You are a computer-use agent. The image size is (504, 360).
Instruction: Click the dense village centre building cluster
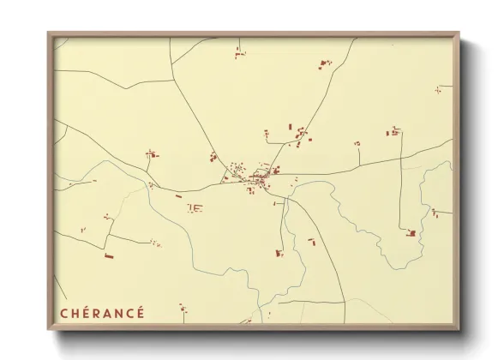pos(255,178)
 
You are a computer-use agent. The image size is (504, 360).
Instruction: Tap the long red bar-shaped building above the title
pos(109,255)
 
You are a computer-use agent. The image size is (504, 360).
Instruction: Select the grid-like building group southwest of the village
pos(195,207)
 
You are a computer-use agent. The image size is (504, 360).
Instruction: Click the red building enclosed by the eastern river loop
pos(412,232)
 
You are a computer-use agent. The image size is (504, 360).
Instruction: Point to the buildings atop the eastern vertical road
pos(393,132)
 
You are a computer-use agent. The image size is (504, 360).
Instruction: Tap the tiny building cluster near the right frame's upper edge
pos(438,88)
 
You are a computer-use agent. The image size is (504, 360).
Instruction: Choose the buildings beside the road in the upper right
pos(324,64)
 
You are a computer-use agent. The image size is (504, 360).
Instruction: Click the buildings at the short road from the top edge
pos(240,55)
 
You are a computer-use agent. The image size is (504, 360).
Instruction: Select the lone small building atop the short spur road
pos(357,144)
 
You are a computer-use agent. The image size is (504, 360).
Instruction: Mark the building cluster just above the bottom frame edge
pos(182,309)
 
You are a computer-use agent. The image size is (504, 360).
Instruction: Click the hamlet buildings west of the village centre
pos(152,155)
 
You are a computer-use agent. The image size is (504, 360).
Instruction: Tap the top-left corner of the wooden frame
pos(49,34)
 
